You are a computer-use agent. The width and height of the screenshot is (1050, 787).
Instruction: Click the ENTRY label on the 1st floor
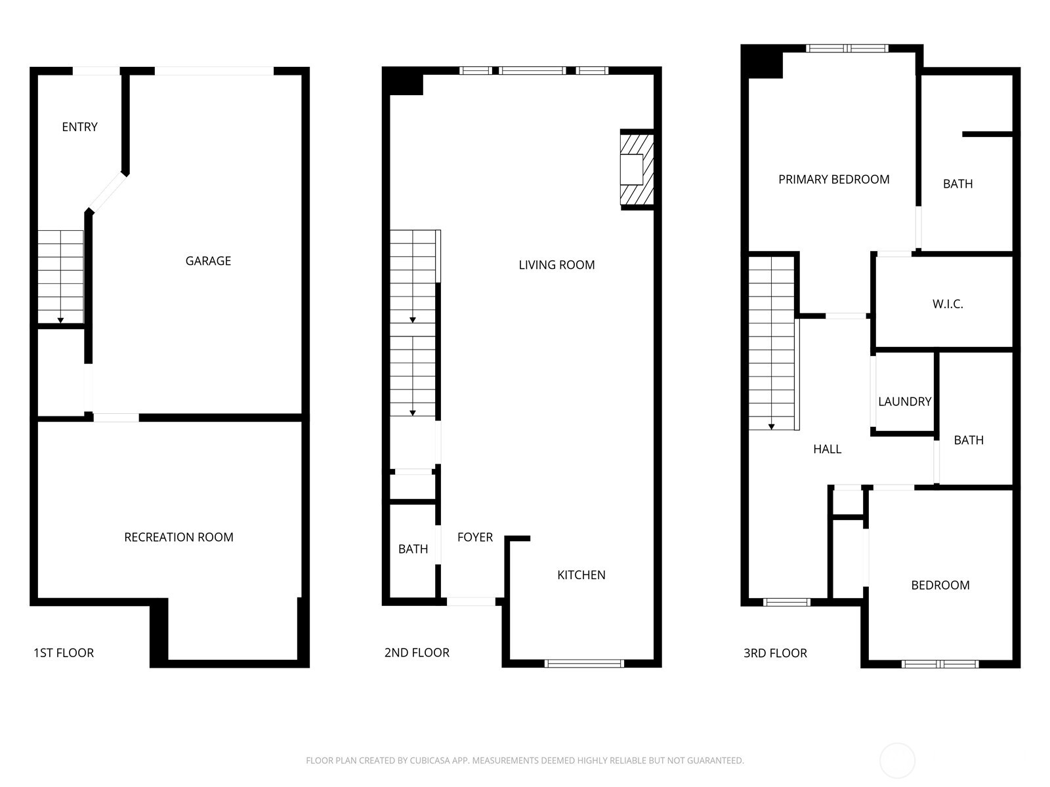[79, 127]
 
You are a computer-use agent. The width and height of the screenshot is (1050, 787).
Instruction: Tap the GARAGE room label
[208, 261]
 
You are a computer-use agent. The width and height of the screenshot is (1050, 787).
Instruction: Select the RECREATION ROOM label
[178, 537]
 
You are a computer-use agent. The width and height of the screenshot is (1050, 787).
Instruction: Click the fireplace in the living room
[636, 169]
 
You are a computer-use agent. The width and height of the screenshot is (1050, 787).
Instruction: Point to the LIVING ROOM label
[556, 265]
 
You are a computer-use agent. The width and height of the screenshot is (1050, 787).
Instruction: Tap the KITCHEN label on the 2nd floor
[581, 575]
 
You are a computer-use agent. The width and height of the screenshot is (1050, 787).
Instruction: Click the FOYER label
[474, 538]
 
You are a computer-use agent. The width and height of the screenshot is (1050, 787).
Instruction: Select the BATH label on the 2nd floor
[413, 549]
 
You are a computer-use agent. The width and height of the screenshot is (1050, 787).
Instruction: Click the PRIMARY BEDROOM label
[833, 180]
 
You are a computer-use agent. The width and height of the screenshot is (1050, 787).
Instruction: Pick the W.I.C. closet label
[947, 304]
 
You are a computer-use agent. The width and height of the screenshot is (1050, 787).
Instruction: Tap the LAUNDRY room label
[904, 401]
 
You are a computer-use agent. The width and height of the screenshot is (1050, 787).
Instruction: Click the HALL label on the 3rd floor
[827, 449]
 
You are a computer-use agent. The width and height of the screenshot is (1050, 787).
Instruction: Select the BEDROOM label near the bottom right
[940, 585]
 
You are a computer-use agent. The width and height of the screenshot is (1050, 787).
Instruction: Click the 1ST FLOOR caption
[64, 653]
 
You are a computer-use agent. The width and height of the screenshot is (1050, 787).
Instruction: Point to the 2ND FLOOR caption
[417, 653]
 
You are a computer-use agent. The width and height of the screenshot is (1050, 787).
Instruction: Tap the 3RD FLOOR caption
[775, 653]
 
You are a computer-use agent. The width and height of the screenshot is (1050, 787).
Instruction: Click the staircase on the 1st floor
[60, 275]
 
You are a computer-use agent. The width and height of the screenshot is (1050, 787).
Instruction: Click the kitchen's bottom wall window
[584, 664]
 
